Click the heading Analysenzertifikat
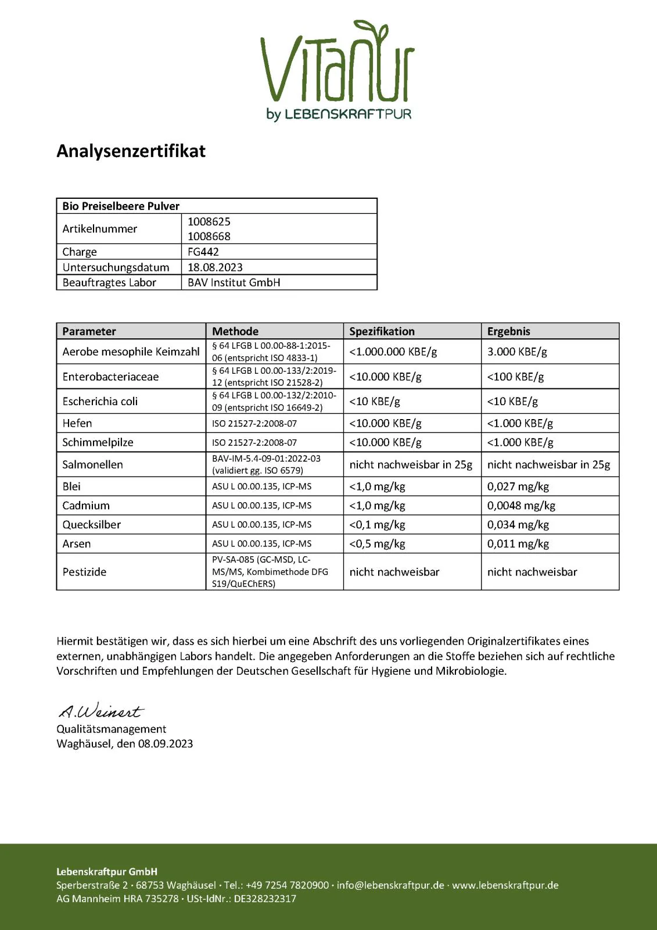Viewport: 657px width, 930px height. [131, 151]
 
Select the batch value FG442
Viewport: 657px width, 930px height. [203, 252]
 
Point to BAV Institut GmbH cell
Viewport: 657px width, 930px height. [234, 282]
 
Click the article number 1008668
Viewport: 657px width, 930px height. [209, 237]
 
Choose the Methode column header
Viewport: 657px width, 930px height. [235, 331]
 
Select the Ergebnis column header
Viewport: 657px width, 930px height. [509, 331]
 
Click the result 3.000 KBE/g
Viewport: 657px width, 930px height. [517, 352]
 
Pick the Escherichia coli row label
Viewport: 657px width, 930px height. [100, 401]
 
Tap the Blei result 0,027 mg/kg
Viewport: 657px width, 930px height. [518, 487]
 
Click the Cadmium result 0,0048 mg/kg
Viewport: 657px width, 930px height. [521, 506]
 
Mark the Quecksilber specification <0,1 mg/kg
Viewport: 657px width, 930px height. [377, 524]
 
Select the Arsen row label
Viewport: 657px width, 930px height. [77, 543]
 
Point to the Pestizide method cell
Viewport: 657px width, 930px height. [270, 572]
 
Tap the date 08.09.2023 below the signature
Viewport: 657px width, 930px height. [165, 743]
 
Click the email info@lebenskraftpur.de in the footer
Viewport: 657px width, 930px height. [390, 885]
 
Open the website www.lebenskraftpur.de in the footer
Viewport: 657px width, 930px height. [505, 885]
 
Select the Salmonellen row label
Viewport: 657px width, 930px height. [93, 464]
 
